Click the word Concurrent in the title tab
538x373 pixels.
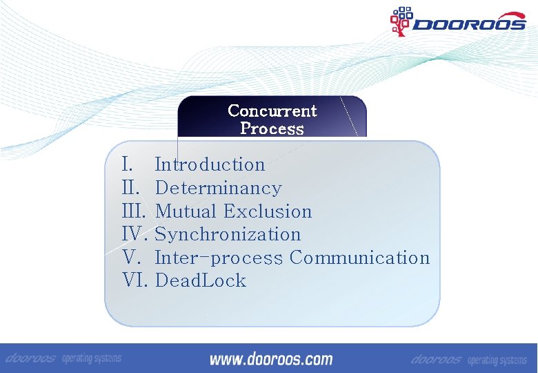(272, 111)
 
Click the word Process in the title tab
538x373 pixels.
(272, 128)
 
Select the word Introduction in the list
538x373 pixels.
(210, 164)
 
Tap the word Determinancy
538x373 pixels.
(218, 188)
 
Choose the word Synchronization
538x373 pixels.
(228, 234)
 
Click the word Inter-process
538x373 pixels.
(219, 258)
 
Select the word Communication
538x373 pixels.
(359, 258)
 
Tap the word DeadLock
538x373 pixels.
(200, 280)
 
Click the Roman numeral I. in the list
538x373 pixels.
(127, 164)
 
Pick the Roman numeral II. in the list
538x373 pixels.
(131, 188)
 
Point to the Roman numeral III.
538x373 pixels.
(135, 211)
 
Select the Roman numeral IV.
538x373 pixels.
(136, 234)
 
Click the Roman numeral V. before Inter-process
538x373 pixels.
(132, 258)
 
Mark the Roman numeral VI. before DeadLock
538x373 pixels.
(136, 280)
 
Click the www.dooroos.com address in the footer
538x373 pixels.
(270, 358)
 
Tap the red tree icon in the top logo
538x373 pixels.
(401, 21)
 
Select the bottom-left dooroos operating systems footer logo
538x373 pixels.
(63, 358)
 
